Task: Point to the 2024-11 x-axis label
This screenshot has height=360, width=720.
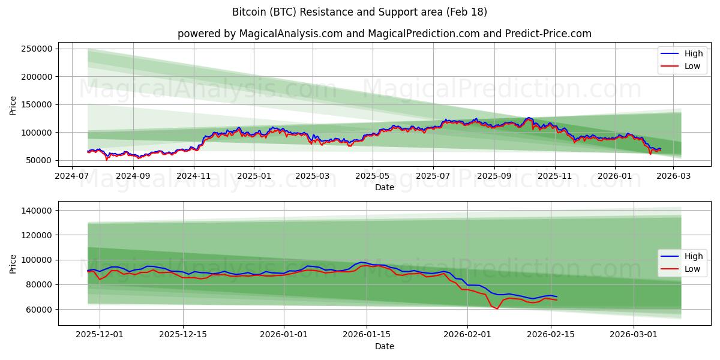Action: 194,176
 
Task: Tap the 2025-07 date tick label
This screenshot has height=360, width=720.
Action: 433,176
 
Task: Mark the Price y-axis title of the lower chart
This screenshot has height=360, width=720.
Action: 13,263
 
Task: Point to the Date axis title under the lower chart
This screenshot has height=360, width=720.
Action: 385,346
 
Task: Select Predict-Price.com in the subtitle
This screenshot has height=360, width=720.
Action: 553,34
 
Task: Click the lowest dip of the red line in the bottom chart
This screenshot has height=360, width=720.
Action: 497,308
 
